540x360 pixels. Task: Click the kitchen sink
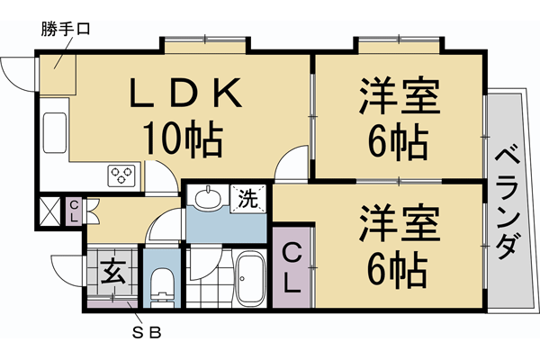coord(54,131)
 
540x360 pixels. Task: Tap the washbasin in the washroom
coord(209,198)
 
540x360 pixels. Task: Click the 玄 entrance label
coord(112,269)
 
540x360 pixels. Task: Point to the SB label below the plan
coord(148,331)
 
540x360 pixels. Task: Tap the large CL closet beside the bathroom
coord(292,267)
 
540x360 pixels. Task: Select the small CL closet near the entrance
coord(74,211)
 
